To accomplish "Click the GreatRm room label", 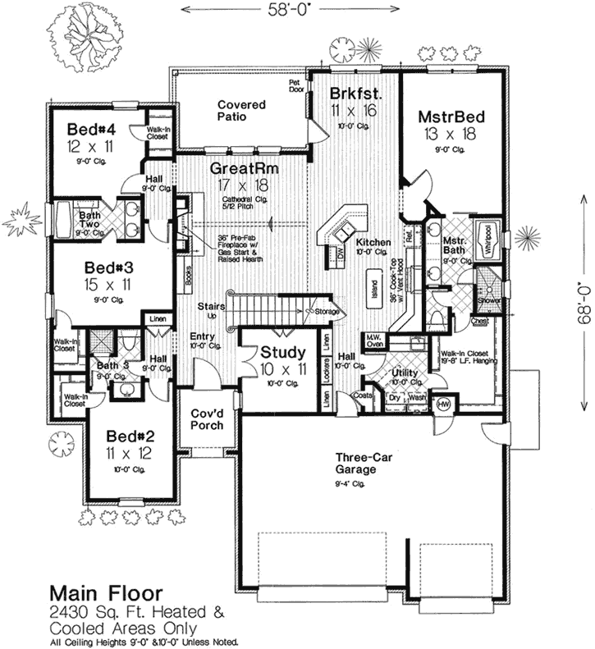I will click(243, 168).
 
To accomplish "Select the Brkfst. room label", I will click(354, 93).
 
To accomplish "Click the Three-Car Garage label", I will click(355, 464).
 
